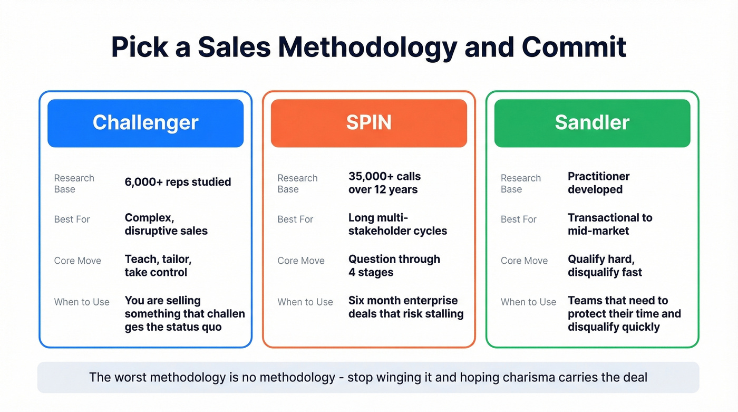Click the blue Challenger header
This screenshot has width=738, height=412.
click(145, 123)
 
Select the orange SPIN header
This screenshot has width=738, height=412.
click(368, 123)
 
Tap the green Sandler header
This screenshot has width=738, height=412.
click(592, 123)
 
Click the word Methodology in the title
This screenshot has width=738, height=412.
click(367, 47)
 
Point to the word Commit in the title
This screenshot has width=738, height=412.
click(574, 47)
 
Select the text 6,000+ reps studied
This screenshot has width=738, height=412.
click(178, 182)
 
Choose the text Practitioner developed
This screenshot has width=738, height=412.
click(598, 183)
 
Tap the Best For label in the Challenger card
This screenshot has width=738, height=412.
click(72, 219)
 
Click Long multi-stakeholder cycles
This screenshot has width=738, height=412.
click(397, 224)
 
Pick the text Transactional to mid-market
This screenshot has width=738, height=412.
click(610, 224)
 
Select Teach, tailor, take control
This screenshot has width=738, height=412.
click(158, 265)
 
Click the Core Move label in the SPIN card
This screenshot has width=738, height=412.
click(301, 261)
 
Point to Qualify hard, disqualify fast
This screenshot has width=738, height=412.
click(605, 265)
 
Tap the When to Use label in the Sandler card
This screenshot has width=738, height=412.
click(528, 302)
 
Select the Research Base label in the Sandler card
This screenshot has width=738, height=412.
click(521, 184)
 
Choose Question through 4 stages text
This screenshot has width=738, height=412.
click(394, 265)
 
